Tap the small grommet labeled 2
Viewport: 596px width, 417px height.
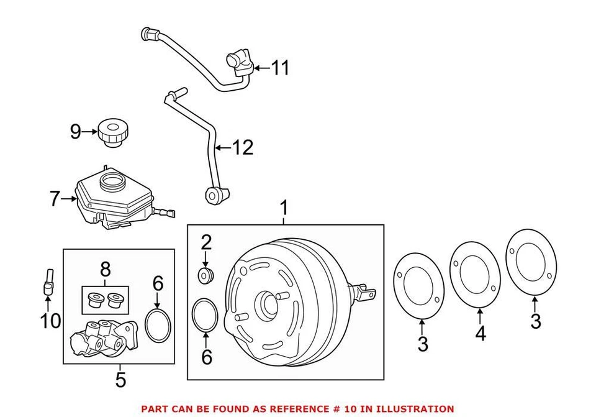[205, 274]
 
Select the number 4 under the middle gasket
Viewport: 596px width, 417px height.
[481, 333]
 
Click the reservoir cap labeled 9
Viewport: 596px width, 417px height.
[112, 135]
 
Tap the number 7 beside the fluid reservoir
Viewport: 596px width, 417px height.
[55, 199]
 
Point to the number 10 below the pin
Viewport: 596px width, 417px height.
[50, 321]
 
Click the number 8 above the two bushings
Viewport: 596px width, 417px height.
[104, 269]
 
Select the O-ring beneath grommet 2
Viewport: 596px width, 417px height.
[205, 315]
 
